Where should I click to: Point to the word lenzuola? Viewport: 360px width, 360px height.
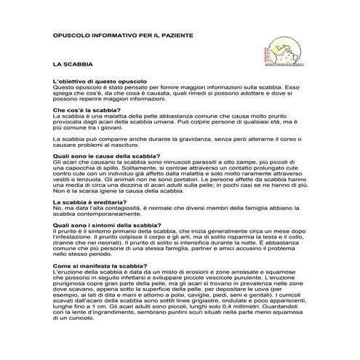point(96,181)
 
